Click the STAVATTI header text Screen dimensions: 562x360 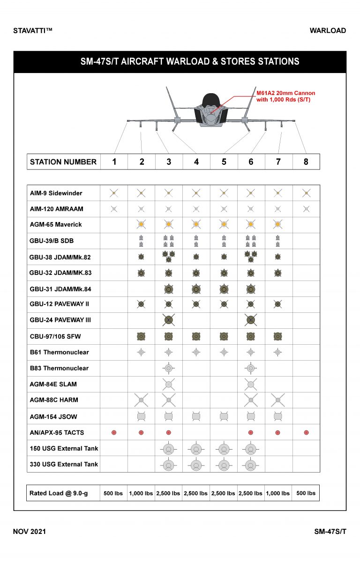[33, 31]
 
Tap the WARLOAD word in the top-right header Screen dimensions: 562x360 [328, 31]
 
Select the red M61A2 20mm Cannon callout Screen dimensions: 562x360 [285, 96]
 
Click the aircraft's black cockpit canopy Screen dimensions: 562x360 [211, 100]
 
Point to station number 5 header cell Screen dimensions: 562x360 [224, 162]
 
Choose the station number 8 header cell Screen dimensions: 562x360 [306, 162]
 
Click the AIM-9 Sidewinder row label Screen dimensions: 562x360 [56, 193]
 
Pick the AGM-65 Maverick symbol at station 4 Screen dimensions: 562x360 [196, 225]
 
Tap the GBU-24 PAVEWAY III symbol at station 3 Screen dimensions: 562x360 [169, 320]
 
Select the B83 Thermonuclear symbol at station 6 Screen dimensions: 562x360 [251, 368]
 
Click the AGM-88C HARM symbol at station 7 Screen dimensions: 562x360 [278, 400]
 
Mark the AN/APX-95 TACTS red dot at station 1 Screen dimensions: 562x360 [114, 432]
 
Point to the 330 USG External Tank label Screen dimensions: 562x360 [64, 464]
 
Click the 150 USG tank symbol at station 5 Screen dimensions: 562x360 [224, 449]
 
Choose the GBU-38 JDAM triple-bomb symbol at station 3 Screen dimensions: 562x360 [169, 256]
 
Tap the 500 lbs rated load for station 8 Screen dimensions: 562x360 [306, 493]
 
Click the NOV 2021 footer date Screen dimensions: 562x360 [30, 532]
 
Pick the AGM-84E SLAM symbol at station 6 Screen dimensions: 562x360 [251, 384]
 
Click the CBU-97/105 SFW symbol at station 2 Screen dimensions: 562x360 [141, 336]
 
